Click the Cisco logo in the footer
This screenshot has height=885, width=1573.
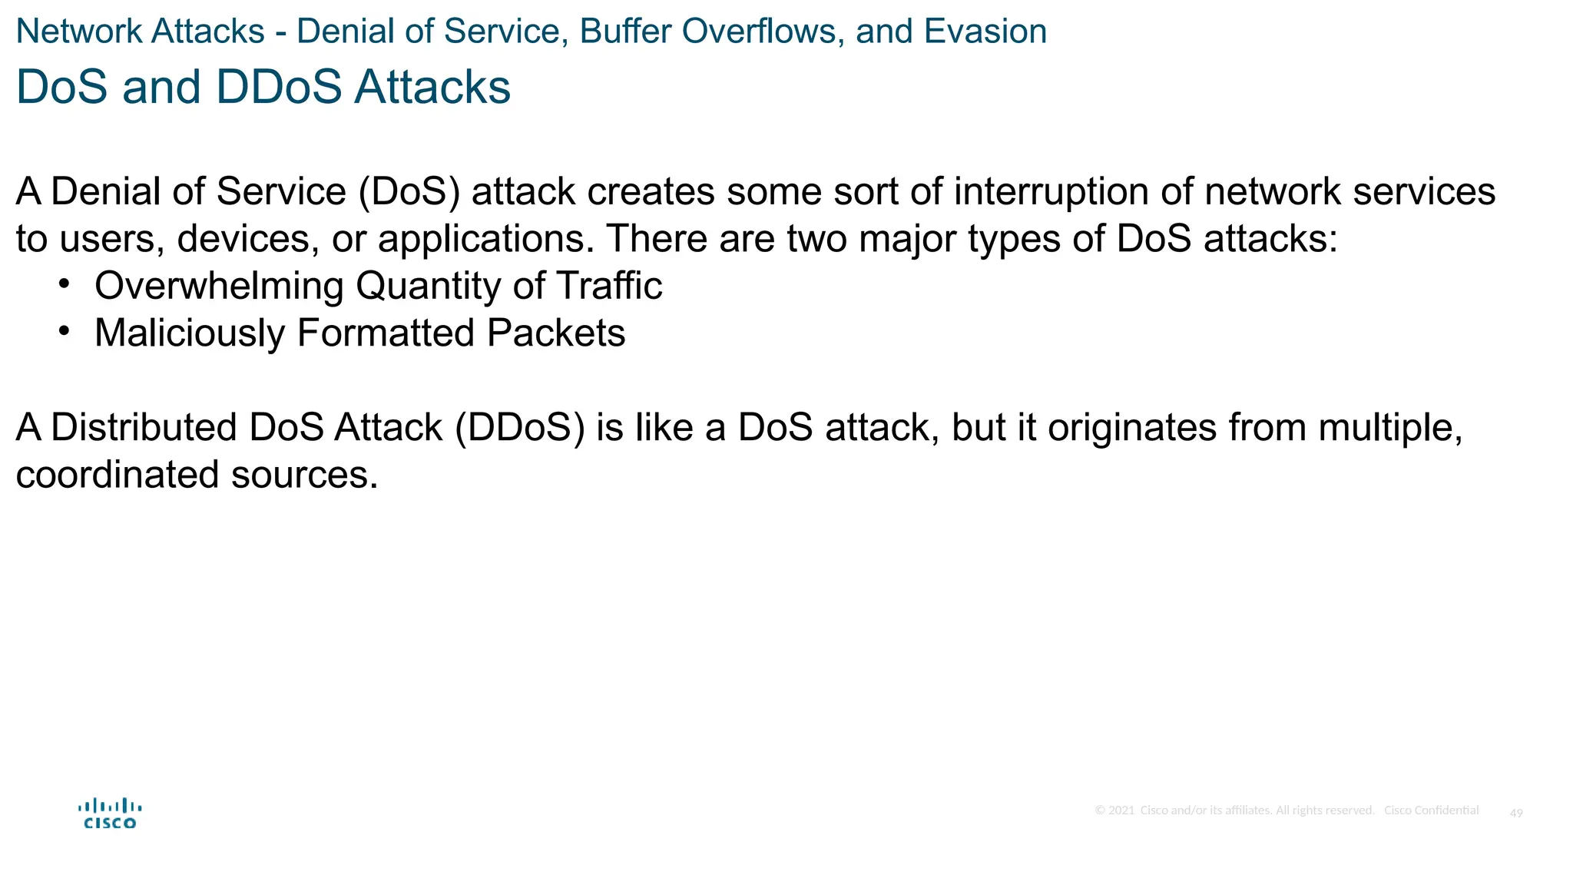click(x=110, y=814)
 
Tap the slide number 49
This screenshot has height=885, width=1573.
click(x=1516, y=813)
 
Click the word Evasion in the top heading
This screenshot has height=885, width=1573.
click(x=985, y=31)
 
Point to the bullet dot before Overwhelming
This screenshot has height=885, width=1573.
click(x=65, y=283)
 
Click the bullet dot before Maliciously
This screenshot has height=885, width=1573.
click(x=65, y=331)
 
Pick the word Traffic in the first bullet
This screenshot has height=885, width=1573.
click(x=609, y=286)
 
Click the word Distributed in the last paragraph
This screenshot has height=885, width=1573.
click(x=144, y=427)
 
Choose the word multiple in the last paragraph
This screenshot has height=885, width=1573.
click(x=1389, y=427)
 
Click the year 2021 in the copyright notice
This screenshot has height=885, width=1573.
click(x=1121, y=810)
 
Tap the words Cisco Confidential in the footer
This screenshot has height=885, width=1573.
click(x=1431, y=810)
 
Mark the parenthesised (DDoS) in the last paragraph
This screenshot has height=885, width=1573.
click(x=519, y=427)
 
